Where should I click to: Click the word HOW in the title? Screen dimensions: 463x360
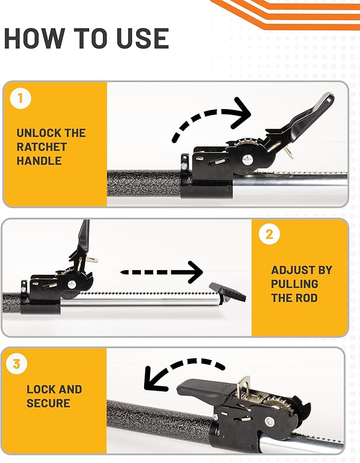pos(32,39)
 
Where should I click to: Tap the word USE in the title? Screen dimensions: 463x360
pos(139,39)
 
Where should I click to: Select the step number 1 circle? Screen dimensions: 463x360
pos(20,99)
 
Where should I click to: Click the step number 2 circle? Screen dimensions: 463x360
pos(269,235)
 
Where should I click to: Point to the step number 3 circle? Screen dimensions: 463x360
pos(16,364)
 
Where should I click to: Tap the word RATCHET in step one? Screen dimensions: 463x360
pos(41,147)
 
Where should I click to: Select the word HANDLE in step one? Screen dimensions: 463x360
pos(38,161)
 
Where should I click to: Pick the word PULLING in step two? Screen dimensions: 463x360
pos(295,284)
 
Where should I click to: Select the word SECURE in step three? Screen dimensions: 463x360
pos(48,403)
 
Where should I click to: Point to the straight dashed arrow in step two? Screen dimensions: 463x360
pos(162,272)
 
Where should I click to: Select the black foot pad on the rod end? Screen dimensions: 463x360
pos(227,290)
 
